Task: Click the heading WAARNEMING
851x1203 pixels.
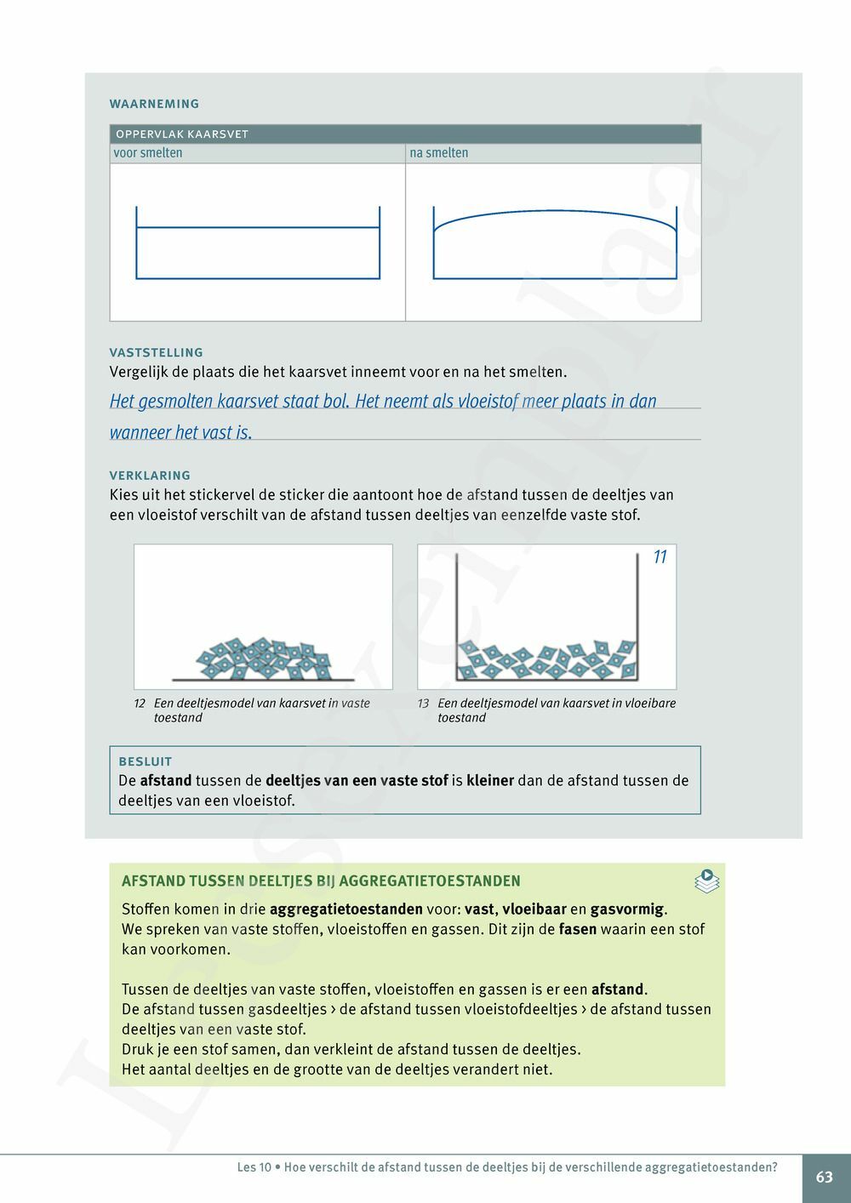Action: (x=154, y=104)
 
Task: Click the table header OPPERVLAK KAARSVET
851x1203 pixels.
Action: (x=182, y=134)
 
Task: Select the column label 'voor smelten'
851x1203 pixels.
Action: (x=148, y=153)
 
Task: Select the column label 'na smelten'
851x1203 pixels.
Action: (x=439, y=153)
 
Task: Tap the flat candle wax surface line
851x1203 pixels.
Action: (x=258, y=227)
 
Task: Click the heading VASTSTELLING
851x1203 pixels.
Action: (x=157, y=352)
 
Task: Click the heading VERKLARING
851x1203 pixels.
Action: (x=150, y=476)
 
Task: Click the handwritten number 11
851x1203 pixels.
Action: (x=660, y=557)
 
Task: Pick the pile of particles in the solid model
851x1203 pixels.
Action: (x=263, y=659)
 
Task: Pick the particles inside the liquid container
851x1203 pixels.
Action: (x=547, y=660)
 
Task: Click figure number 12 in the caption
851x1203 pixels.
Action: (x=140, y=704)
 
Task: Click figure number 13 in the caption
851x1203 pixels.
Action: (x=423, y=704)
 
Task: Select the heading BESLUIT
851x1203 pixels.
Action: (x=146, y=761)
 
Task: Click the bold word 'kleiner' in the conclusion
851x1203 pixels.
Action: (x=490, y=780)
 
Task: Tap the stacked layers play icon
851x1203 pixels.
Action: (x=706, y=881)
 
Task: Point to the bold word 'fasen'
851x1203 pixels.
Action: (x=578, y=929)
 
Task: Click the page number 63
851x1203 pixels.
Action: (x=825, y=1177)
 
